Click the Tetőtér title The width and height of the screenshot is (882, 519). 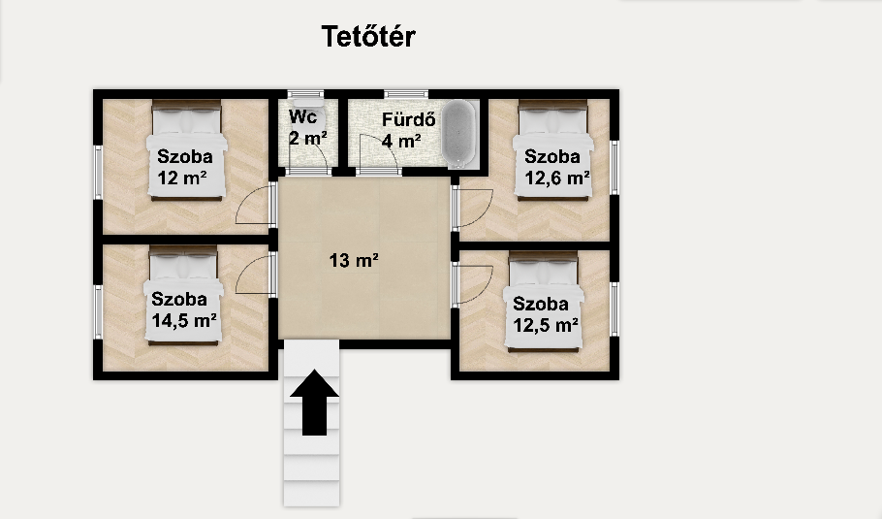pyautogui.click(x=368, y=36)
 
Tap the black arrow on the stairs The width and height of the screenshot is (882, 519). pyautogui.click(x=314, y=402)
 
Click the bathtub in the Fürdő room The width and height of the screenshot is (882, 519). pyautogui.click(x=458, y=134)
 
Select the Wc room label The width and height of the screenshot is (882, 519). pyautogui.click(x=303, y=116)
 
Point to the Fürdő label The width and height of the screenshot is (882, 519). pyautogui.click(x=409, y=119)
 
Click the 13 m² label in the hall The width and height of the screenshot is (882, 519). pyautogui.click(x=353, y=260)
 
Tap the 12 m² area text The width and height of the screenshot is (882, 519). pyautogui.click(x=182, y=178)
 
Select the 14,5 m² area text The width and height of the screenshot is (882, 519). pyautogui.click(x=184, y=321)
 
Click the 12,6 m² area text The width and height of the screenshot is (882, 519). pyautogui.click(x=557, y=178)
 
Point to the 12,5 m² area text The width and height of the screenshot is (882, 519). pyautogui.click(x=546, y=325)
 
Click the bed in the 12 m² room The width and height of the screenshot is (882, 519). pyautogui.click(x=187, y=149)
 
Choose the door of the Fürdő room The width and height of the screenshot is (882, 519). pyautogui.click(x=379, y=154)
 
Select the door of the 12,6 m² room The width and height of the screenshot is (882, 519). pyautogui.click(x=473, y=208)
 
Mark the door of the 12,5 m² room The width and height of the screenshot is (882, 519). pyautogui.click(x=473, y=283)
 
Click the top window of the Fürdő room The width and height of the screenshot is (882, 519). pyautogui.click(x=406, y=94)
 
